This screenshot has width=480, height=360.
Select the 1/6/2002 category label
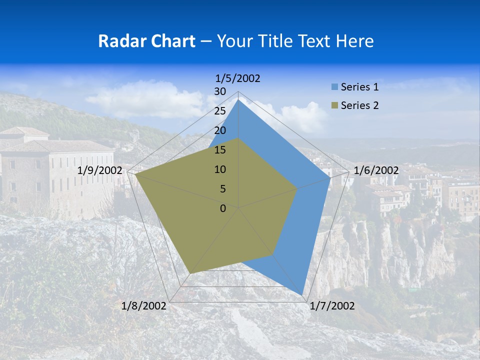coord(376,170)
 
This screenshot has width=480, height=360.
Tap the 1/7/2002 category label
coord(332,306)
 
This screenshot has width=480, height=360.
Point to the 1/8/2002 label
coord(144,306)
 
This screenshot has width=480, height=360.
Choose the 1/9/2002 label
coord(100,170)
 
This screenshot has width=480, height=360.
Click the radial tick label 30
coord(220,92)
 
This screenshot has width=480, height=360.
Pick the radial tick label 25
coord(220,111)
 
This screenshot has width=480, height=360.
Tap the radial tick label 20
coord(220,131)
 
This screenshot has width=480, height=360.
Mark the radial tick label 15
coord(220,150)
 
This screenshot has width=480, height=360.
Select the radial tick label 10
coord(220,170)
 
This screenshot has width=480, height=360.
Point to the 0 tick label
coord(223,209)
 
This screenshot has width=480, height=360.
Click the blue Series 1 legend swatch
coord(334,87)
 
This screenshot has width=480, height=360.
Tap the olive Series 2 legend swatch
coord(334,105)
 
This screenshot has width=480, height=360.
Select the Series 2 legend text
coord(359,105)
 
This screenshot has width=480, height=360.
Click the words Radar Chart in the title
coord(146,41)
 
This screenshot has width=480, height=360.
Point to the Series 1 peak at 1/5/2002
coord(238,99)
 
